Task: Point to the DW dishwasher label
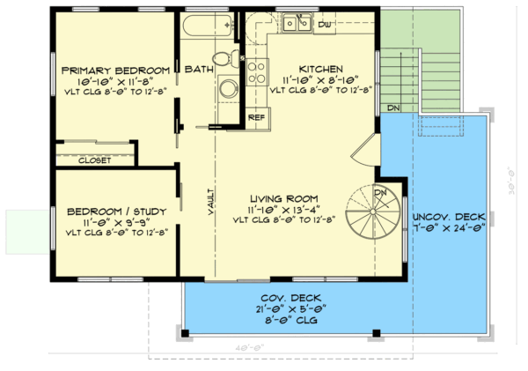(323, 24)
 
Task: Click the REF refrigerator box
(257, 116)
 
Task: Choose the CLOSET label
(94, 160)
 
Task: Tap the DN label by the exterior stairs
(392, 108)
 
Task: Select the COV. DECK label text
(282, 299)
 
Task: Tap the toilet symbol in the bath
(227, 58)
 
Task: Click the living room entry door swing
(365, 154)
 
